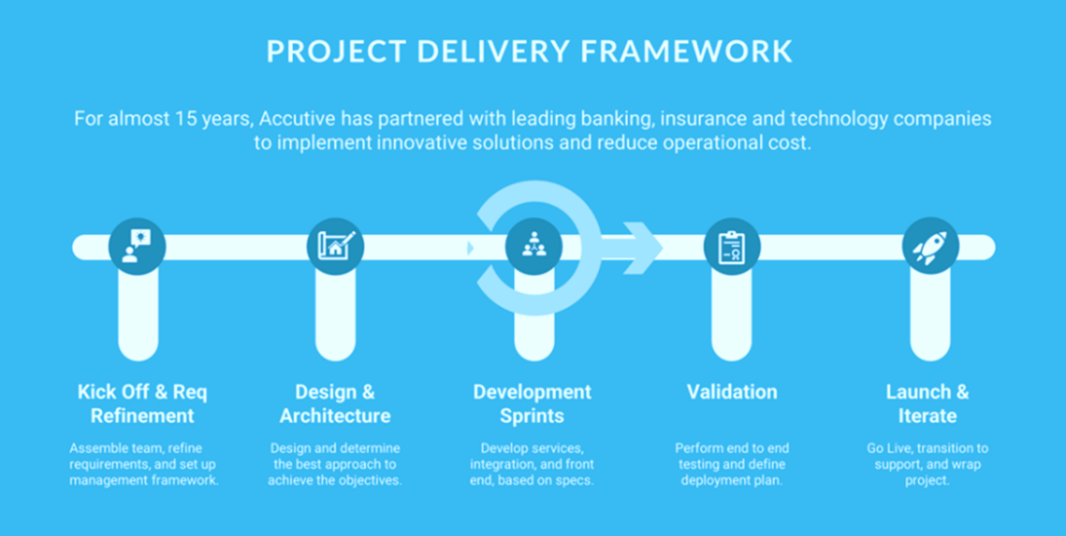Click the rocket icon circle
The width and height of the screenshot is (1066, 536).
click(930, 247)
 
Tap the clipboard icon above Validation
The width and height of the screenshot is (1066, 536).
click(732, 247)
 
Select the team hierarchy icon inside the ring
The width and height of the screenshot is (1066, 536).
click(534, 245)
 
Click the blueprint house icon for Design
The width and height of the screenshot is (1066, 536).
click(335, 247)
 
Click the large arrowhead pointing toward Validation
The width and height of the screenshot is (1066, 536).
click(643, 248)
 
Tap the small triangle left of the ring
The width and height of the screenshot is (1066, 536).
click(471, 248)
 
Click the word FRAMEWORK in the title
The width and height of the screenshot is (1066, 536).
click(686, 51)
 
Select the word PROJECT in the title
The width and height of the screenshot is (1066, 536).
click(336, 51)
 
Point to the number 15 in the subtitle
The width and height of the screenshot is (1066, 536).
click(186, 119)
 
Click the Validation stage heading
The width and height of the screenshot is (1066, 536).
click(732, 392)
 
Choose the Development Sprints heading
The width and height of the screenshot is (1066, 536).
click(532, 403)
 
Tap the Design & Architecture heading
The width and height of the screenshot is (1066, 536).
click(335, 403)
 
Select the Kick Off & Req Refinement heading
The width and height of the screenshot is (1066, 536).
click(143, 403)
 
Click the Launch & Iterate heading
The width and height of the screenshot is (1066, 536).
click(927, 403)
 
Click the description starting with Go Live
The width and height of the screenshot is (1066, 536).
click(927, 464)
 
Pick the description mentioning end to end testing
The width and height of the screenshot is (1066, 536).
click(732, 464)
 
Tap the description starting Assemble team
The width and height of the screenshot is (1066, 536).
click(143, 464)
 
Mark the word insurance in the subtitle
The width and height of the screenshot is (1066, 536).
click(703, 119)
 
